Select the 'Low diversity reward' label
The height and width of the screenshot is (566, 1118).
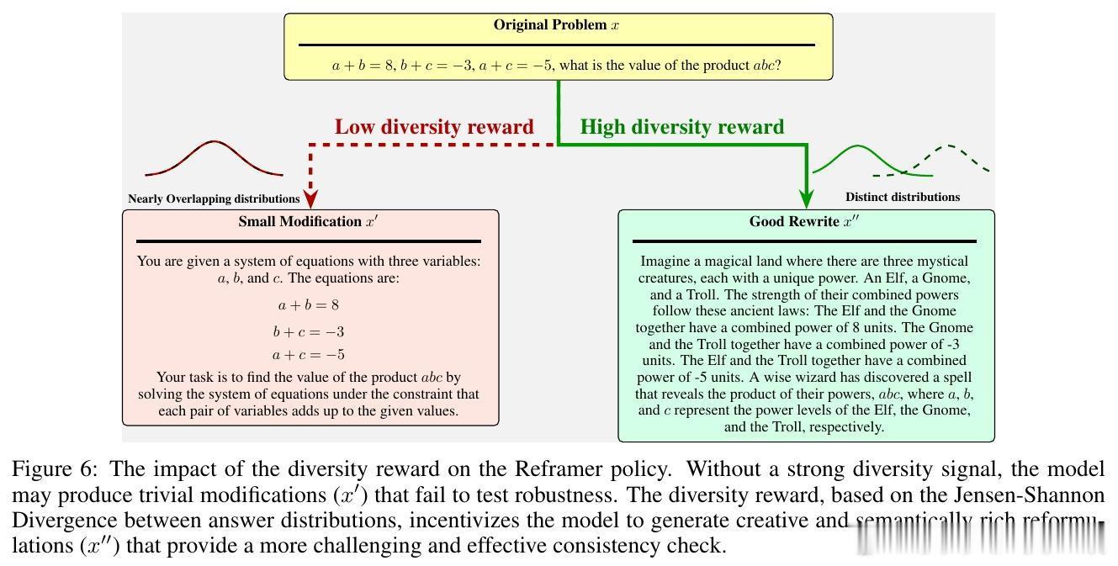click(x=434, y=127)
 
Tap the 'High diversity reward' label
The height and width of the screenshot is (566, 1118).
click(x=682, y=127)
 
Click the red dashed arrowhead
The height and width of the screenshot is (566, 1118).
click(x=311, y=198)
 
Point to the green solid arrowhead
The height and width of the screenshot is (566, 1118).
click(x=807, y=198)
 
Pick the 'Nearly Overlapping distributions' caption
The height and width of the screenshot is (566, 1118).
click(x=214, y=199)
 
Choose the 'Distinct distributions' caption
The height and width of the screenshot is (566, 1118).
click(x=902, y=197)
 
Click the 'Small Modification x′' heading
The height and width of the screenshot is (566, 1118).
click(x=310, y=222)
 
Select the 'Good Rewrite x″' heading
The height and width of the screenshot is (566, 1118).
click(x=805, y=222)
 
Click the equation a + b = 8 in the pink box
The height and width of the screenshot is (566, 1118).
click(x=309, y=305)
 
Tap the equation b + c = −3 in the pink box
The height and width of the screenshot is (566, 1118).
click(x=309, y=331)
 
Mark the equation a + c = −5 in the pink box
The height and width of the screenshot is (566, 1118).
click(x=309, y=355)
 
